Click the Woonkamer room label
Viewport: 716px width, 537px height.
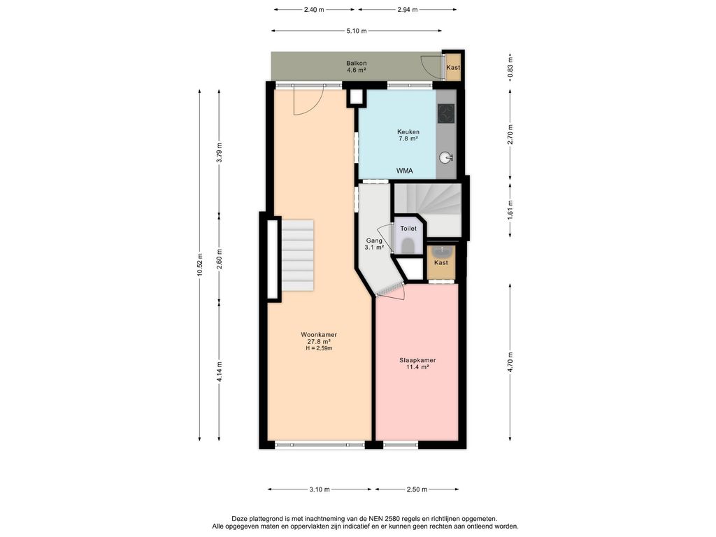[x=319, y=335]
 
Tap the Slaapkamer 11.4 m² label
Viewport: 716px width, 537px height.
[x=417, y=364]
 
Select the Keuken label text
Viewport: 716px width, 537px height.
[x=408, y=132]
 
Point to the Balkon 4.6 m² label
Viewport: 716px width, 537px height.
[x=356, y=66]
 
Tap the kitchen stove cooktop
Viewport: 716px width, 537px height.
[x=446, y=114]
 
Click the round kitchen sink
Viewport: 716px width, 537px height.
[x=445, y=158]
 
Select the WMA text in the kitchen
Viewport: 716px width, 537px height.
[x=405, y=171]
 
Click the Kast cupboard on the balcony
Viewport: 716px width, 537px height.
[x=453, y=67]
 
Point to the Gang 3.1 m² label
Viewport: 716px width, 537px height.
[x=374, y=244]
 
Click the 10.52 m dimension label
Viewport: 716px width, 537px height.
[x=199, y=265]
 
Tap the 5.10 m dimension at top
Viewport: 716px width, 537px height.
[x=356, y=31]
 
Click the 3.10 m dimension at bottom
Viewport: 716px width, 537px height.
[x=319, y=489]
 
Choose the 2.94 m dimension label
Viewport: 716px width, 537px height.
[x=408, y=9]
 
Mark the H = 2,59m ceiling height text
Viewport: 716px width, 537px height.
[x=319, y=348]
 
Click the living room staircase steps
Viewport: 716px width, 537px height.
[x=297, y=255]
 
